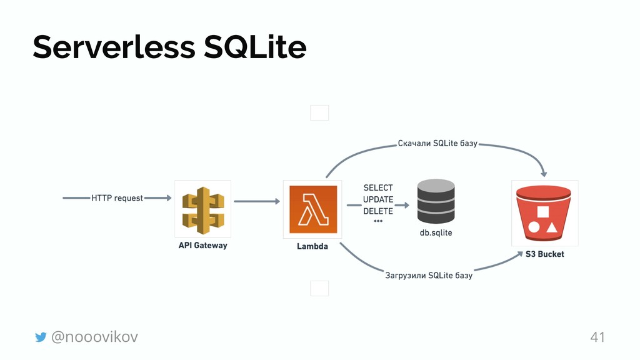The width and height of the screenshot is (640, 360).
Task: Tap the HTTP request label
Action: [117, 198]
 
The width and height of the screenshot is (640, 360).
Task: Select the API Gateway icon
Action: [203, 209]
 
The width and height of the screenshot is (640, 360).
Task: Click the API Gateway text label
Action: [203, 246]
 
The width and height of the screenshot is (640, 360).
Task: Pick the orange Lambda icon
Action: [312, 209]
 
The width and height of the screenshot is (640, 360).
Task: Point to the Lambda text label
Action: [312, 246]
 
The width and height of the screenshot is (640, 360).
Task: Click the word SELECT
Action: [378, 187]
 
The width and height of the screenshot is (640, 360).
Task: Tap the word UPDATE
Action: [378, 199]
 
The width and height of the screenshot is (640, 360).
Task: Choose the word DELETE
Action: [378, 211]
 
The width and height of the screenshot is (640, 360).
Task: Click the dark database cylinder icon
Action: [436, 201]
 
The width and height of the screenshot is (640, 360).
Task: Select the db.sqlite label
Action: [436, 232]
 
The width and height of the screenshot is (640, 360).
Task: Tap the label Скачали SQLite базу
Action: [437, 143]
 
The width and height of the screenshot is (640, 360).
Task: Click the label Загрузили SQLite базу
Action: [428, 276]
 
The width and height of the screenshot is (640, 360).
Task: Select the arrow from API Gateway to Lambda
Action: [256, 201]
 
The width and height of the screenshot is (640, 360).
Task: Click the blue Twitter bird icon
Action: [41, 337]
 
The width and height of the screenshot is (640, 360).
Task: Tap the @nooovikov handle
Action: [94, 337]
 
